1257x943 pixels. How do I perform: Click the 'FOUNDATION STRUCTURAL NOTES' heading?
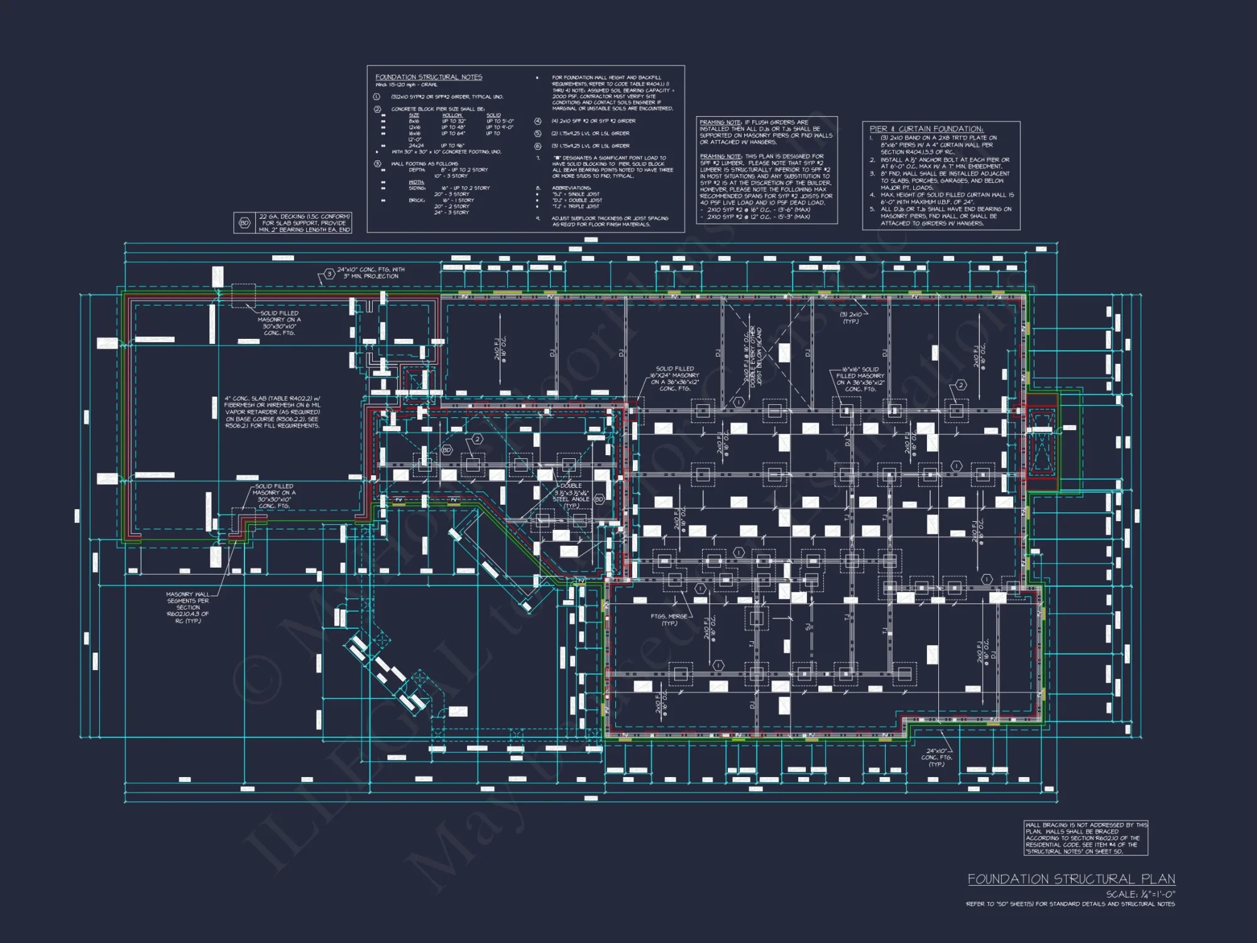(x=429, y=77)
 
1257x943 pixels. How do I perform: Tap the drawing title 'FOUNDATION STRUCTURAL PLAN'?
(x=1071, y=879)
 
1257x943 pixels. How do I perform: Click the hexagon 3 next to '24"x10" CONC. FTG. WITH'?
(x=329, y=274)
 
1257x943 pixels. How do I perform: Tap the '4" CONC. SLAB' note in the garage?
(x=272, y=412)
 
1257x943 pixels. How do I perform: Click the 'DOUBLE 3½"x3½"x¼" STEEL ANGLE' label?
(x=571, y=495)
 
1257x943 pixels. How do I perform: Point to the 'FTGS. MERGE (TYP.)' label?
(x=669, y=619)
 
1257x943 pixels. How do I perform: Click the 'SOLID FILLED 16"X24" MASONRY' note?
(x=674, y=378)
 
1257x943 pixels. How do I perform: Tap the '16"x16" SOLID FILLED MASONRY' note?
(x=860, y=379)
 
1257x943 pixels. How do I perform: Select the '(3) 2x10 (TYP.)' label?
(x=851, y=317)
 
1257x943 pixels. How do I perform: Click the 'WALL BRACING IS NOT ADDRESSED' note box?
(x=1085, y=838)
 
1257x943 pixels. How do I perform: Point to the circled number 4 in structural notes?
(x=538, y=121)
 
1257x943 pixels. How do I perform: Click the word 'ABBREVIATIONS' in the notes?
(x=571, y=188)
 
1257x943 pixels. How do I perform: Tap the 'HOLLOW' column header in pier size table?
(x=451, y=115)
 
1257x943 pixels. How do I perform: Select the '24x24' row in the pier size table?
(x=416, y=145)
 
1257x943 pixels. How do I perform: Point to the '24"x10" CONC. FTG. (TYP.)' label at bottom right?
(x=936, y=758)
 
